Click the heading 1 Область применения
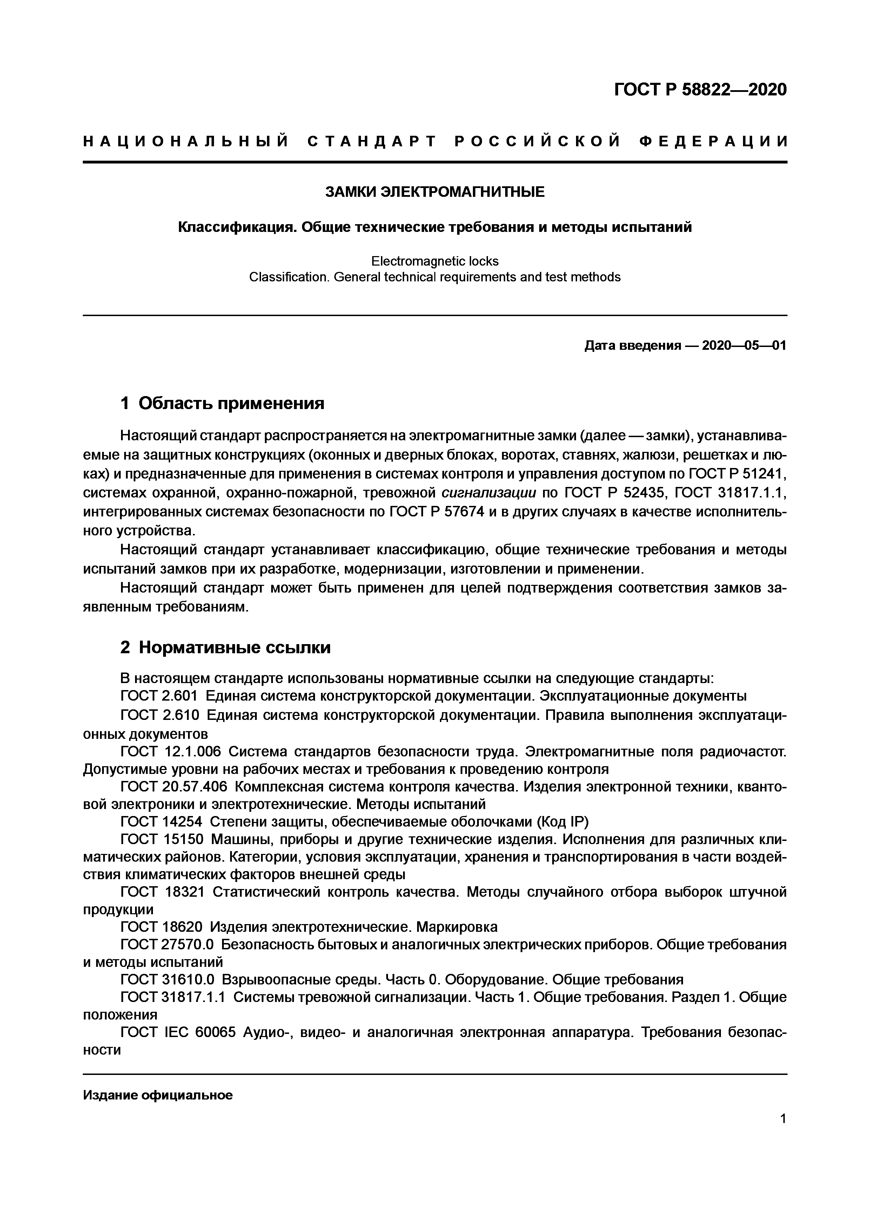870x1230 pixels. point(223,403)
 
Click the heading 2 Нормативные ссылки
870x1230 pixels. point(226,647)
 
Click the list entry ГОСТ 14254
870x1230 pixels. point(161,821)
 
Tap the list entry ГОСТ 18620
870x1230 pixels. point(161,926)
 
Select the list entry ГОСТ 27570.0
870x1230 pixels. point(167,944)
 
